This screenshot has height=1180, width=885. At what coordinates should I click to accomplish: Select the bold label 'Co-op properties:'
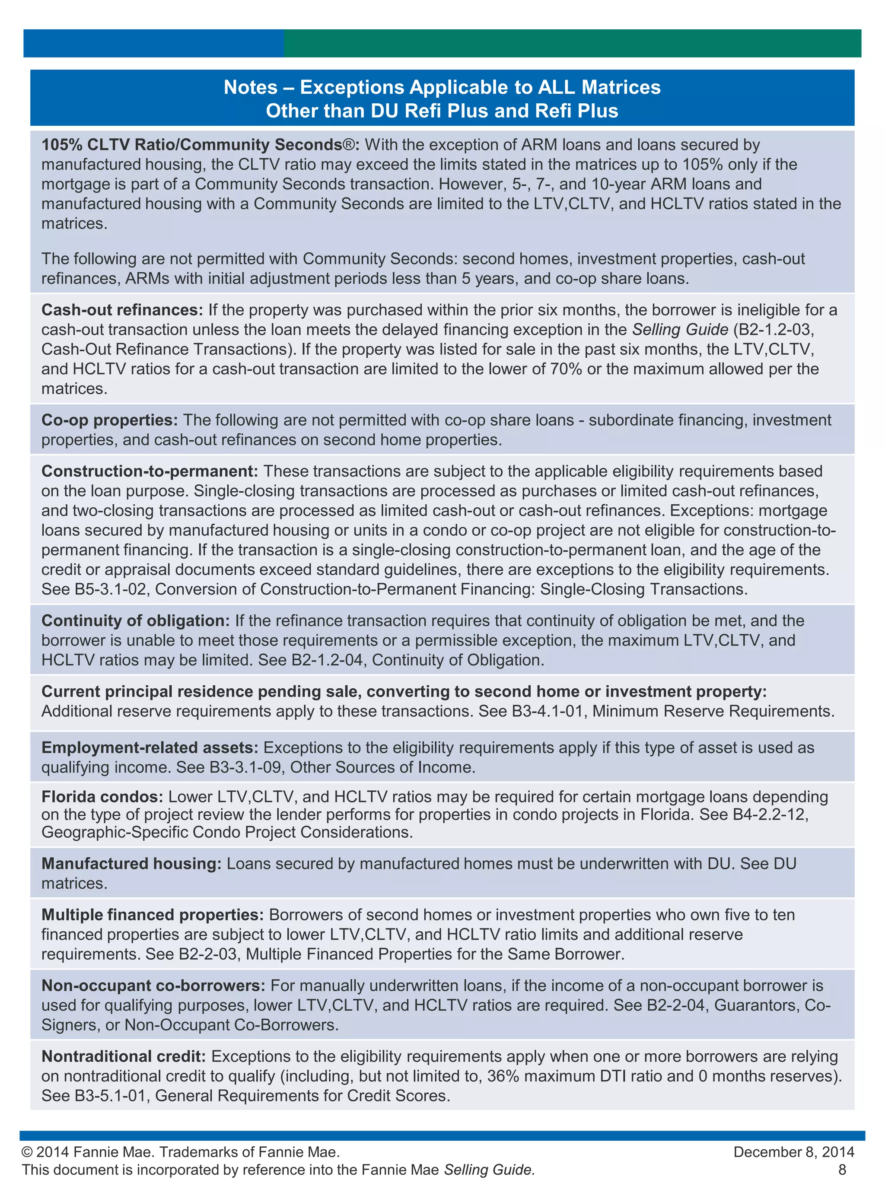(109, 420)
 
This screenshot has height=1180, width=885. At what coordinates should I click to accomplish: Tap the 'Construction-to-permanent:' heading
(150, 471)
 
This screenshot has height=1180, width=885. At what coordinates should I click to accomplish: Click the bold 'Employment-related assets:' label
(150, 747)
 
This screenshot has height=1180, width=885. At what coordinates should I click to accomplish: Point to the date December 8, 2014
(794, 1152)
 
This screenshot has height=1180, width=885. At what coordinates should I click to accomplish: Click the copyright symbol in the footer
(27, 1152)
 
